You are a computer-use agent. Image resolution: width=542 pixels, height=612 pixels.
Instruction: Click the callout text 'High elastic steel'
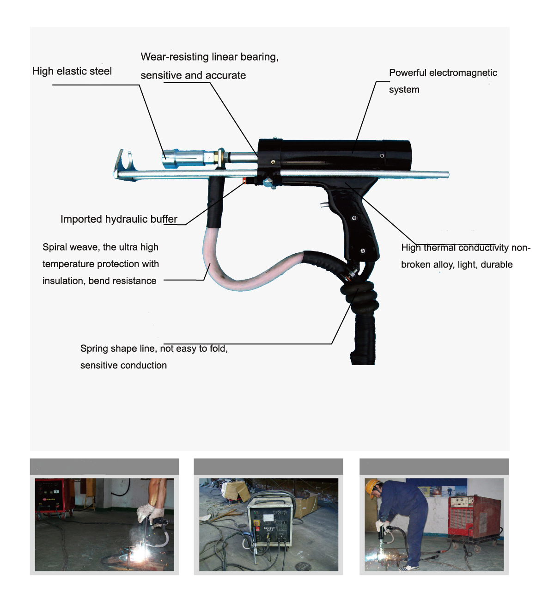click(x=72, y=71)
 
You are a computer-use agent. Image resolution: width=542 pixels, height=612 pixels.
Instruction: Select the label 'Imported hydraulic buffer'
click(x=119, y=219)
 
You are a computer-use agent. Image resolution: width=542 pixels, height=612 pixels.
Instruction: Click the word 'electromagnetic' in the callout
click(x=463, y=73)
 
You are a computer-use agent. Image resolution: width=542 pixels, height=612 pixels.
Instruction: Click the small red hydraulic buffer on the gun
click(x=244, y=181)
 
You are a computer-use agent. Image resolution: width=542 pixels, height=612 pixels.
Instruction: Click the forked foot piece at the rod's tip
click(x=124, y=165)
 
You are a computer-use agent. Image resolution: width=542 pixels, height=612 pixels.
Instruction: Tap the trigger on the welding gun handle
click(x=324, y=205)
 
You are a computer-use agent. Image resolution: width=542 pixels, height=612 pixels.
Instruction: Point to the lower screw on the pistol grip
click(x=363, y=251)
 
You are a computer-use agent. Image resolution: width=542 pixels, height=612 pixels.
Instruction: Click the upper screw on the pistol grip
click(x=354, y=218)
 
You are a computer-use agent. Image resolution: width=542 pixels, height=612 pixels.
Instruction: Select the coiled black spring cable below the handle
click(x=360, y=296)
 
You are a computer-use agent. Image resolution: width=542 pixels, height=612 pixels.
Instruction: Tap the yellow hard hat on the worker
click(x=371, y=488)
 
